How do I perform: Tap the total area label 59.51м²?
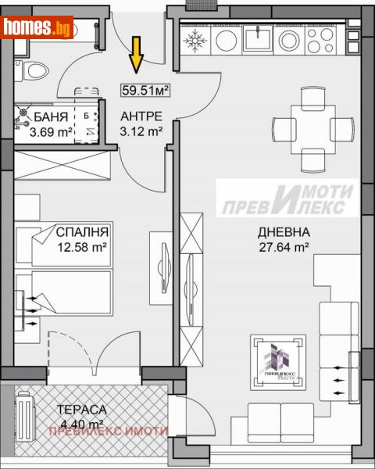(146, 89)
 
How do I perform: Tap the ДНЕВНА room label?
(284, 232)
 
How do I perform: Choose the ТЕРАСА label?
(82, 409)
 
